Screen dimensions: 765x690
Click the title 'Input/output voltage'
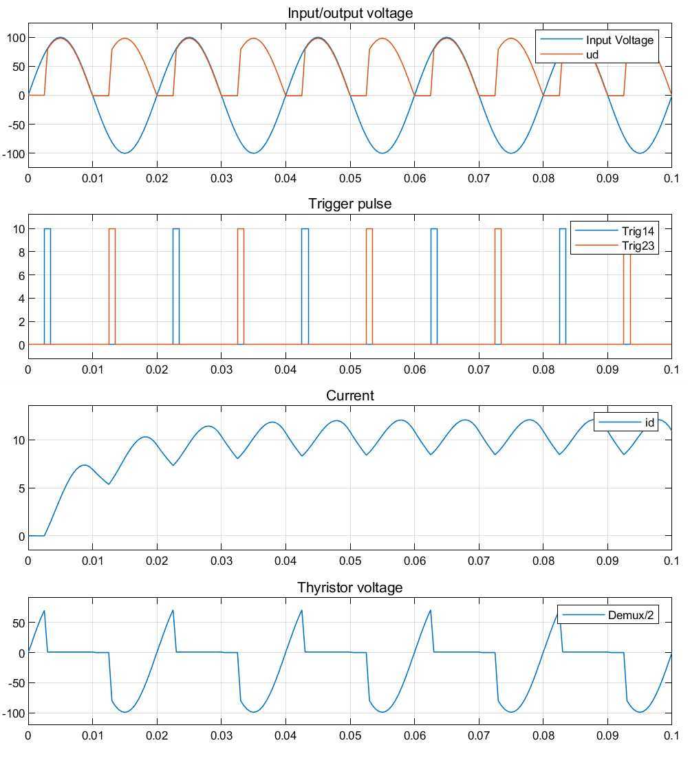coord(349,13)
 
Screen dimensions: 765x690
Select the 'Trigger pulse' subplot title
coord(349,204)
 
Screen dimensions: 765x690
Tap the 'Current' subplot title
coord(349,396)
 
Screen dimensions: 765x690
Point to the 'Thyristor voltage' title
coord(349,588)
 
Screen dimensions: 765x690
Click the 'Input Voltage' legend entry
coord(619,40)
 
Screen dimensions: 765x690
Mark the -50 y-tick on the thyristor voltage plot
coord(15,683)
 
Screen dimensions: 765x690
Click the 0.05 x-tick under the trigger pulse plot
coord(349,369)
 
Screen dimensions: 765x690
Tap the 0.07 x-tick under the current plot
coord(478,561)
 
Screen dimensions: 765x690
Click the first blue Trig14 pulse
coord(47,285)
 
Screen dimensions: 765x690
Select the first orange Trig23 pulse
coord(111,285)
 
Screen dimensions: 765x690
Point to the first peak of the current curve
coord(84,465)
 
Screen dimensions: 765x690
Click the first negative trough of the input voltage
coord(125,153)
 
